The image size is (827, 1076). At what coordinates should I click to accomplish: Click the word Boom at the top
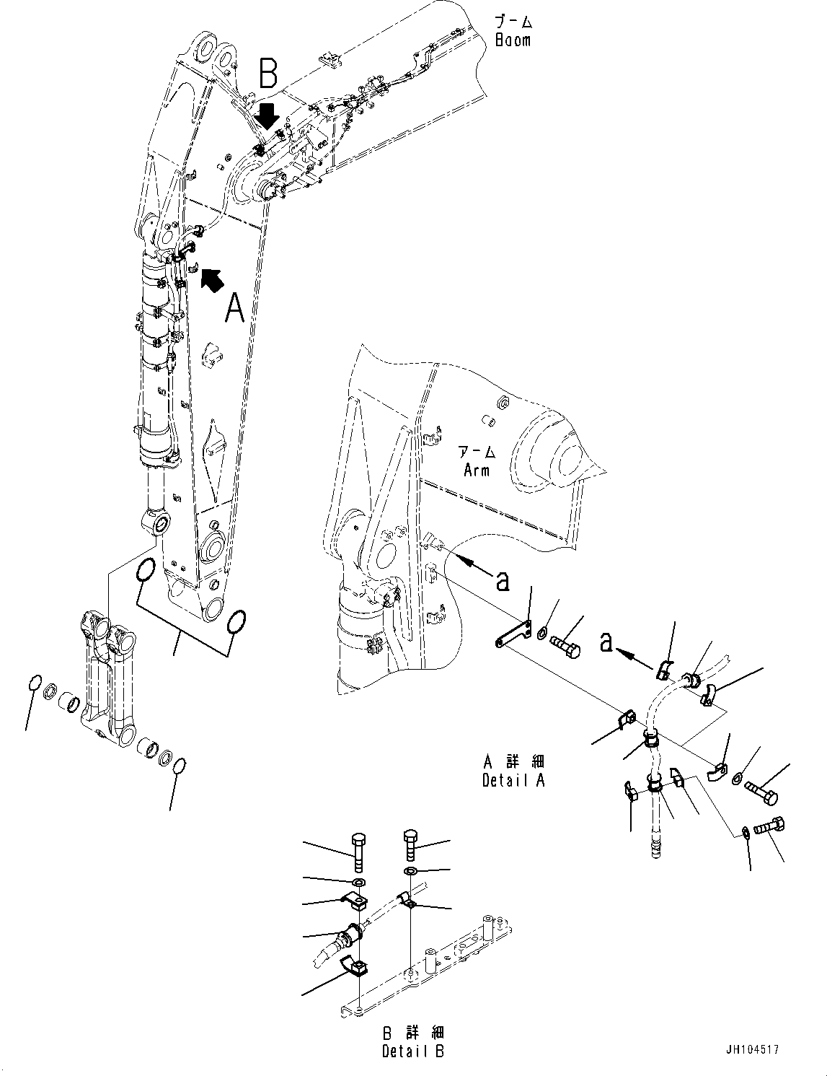point(513,40)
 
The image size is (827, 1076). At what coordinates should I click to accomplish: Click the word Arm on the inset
point(477,471)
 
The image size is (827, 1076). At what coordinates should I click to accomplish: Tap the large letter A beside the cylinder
point(235,309)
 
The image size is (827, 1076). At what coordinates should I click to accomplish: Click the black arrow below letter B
point(267,115)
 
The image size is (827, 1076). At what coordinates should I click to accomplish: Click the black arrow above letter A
point(211,279)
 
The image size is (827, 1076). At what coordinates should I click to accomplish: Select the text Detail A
point(513,780)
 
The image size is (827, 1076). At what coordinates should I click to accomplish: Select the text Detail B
point(413,1051)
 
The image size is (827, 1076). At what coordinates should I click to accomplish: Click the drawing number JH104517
point(753,1050)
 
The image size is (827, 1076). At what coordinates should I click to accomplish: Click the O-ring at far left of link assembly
point(33,683)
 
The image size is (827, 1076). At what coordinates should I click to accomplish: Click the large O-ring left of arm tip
point(144,570)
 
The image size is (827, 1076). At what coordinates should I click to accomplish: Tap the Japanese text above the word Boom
point(513,22)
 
